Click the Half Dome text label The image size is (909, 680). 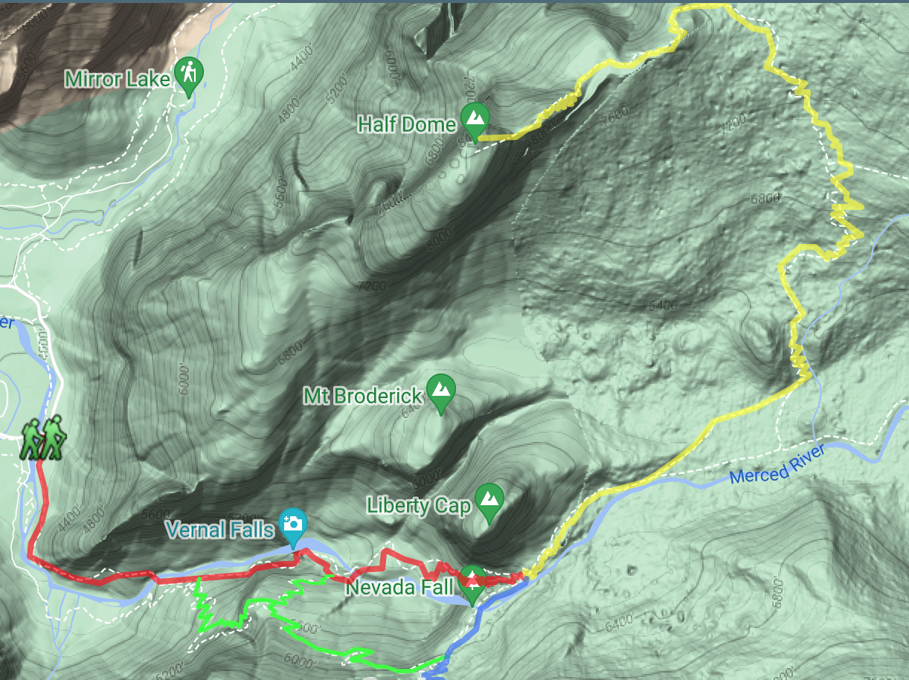406,124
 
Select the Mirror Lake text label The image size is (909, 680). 118,79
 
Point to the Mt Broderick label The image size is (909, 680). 362,395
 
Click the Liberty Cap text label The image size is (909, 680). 419,506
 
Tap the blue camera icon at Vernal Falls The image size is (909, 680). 293,522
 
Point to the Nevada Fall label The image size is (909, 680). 400,588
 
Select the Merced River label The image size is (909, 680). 778,464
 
